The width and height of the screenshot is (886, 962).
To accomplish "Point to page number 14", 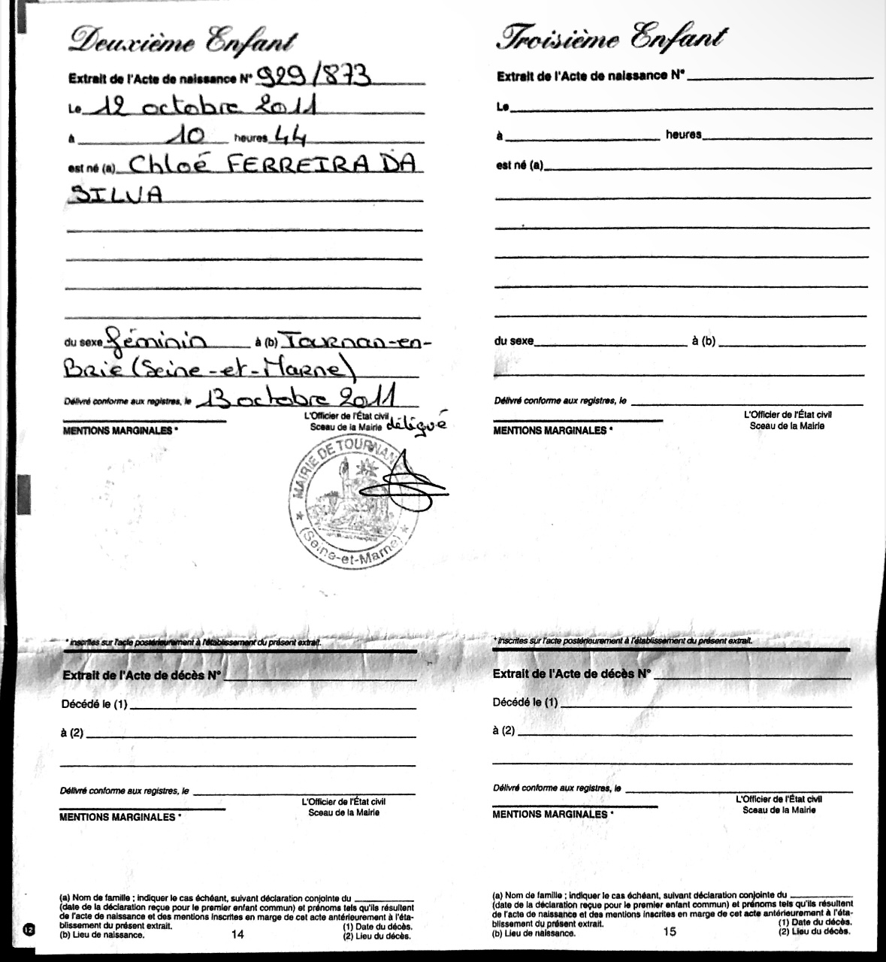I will pyautogui.click(x=239, y=934).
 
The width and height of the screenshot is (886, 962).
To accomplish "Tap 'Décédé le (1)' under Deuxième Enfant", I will pyautogui.click(x=95, y=705).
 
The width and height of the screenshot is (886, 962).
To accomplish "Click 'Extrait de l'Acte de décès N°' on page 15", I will pyautogui.click(x=571, y=674).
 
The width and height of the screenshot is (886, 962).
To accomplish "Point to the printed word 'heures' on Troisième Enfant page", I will pyautogui.click(x=683, y=135).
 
